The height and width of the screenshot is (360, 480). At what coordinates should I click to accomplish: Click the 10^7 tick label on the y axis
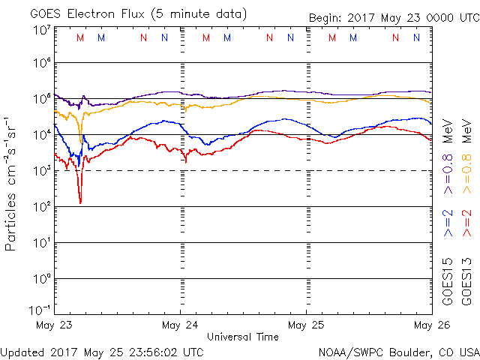(41, 29)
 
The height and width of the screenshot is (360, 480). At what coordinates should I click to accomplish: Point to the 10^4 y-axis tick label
(41, 134)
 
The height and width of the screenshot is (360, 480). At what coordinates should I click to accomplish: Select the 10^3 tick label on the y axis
(41, 170)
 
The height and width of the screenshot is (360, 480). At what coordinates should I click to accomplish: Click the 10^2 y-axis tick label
(41, 206)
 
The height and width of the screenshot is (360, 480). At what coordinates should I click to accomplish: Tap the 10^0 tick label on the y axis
(41, 278)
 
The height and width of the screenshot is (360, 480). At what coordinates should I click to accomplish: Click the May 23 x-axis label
(53, 325)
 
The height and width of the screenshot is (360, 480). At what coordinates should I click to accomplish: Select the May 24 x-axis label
(180, 325)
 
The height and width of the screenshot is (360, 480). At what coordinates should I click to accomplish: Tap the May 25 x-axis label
(306, 325)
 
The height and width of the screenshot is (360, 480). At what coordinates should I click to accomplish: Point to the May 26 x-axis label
(432, 325)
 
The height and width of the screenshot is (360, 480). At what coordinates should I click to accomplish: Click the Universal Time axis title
(243, 337)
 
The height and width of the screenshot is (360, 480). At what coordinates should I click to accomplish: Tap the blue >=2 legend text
(448, 223)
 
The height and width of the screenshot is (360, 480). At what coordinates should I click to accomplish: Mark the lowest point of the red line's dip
(80, 202)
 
